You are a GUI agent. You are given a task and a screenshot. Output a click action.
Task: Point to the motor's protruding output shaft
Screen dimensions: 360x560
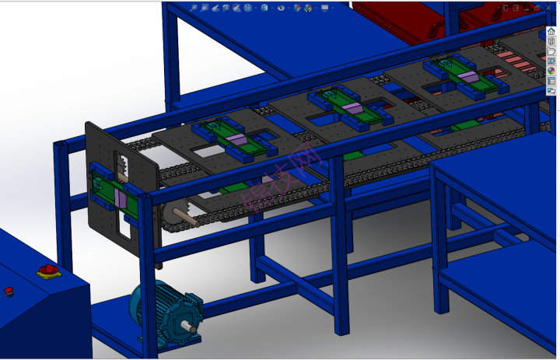[190, 327]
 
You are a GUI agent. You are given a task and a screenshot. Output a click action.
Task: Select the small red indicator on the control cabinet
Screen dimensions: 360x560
[9, 292]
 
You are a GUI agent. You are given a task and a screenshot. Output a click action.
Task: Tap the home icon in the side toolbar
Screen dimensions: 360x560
[551, 31]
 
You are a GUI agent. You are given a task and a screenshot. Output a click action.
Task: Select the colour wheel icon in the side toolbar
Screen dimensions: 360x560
[551, 71]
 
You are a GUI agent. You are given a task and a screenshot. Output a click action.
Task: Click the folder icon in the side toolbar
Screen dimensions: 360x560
[551, 51]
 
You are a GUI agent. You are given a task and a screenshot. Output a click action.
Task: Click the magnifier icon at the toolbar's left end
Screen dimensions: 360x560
[194, 8]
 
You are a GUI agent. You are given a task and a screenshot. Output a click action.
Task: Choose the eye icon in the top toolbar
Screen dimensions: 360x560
[282, 8]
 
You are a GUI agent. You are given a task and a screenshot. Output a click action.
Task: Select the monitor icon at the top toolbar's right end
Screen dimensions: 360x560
[324, 8]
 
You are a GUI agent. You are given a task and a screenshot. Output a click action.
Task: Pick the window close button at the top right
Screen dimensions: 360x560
[539, 7]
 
